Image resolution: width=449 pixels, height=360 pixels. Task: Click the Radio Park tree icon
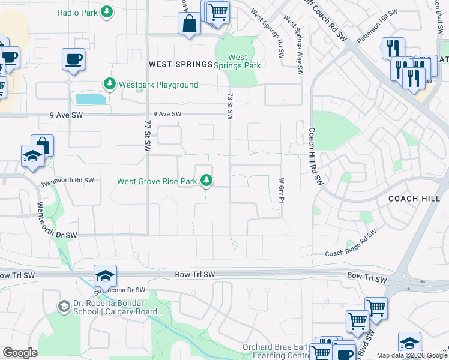(107, 11)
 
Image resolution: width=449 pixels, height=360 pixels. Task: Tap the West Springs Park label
(238, 61)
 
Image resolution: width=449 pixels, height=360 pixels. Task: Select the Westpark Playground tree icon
(109, 85)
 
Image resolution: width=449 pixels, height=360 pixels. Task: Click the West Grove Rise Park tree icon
(206, 181)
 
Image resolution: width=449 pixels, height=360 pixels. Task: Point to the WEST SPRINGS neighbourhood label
(181, 64)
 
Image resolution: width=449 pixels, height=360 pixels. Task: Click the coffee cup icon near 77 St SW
(73, 59)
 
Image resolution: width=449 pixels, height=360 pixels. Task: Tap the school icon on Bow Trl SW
(105, 275)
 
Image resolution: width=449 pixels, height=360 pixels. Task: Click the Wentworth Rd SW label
(68, 180)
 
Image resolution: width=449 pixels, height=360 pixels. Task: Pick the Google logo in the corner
(20, 353)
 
